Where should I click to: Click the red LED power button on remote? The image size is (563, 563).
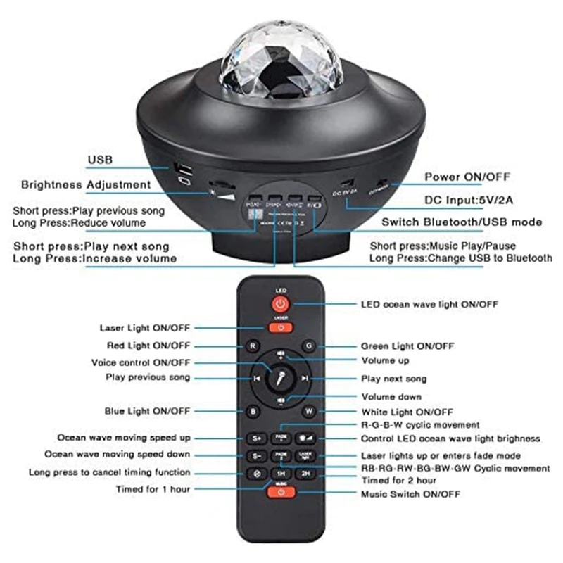click(281, 304)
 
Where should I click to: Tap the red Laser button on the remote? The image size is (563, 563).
click(281, 327)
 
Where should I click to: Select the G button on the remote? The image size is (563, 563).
click(309, 346)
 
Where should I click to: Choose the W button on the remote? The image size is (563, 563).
click(309, 411)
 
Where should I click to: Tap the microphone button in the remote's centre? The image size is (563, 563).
click(281, 378)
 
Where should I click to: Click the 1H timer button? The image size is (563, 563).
click(281, 474)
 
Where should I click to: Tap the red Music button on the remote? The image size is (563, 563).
click(281, 491)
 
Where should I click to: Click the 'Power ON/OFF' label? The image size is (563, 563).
click(467, 177)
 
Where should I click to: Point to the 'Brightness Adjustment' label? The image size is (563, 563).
click(86, 185)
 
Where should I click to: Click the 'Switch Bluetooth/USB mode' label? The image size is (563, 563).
click(462, 222)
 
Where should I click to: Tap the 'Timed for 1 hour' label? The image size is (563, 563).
click(153, 488)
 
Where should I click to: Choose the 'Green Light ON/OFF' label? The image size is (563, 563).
click(407, 346)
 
